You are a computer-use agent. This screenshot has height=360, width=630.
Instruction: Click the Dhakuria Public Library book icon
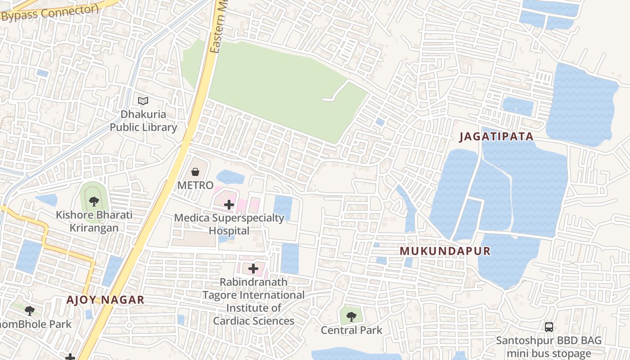tap(143, 101)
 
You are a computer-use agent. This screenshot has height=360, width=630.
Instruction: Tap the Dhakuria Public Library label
tap(144, 121)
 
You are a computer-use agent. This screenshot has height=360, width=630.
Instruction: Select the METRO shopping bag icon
tap(195, 171)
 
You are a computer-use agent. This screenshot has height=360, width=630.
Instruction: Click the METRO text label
tap(195, 185)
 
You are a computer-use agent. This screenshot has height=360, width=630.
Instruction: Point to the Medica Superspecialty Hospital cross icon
tap(229, 205)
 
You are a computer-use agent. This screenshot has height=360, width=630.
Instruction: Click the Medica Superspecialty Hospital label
tap(229, 224)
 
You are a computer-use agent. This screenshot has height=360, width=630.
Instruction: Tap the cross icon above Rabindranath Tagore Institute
tap(253, 269)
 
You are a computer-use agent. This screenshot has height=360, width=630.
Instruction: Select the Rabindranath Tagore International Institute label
tap(253, 301)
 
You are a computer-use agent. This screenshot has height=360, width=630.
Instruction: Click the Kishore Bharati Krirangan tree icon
tap(94, 201)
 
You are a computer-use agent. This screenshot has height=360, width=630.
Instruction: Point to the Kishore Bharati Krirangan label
tap(94, 221)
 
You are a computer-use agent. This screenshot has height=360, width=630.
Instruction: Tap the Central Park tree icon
tap(351, 316)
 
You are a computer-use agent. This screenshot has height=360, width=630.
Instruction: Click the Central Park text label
tap(351, 330)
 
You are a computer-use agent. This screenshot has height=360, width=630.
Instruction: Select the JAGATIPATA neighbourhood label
tap(496, 137)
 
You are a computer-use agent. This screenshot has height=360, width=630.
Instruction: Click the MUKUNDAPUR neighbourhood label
tap(445, 251)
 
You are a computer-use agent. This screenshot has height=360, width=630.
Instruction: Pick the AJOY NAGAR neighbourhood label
tap(105, 300)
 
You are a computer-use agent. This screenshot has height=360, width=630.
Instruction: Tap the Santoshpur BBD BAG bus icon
tap(549, 327)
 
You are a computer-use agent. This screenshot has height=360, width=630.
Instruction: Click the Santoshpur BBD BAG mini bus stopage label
tap(549, 346)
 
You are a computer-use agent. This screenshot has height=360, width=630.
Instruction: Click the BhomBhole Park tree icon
tap(30, 310)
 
